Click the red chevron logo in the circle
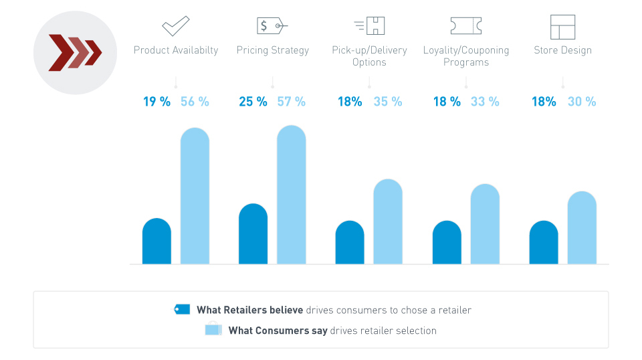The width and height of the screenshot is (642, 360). point(75,53)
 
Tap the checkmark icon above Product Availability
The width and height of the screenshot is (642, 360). point(176,26)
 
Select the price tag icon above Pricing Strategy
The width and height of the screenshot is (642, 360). point(272,26)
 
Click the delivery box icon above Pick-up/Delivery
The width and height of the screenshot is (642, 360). point(370,26)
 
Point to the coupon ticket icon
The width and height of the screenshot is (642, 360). point(465,26)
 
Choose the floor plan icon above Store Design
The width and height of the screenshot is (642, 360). point(562,27)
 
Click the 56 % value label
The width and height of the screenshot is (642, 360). point(195,102)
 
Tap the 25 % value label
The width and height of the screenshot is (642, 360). point(253,102)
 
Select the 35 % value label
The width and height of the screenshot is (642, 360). point(388,102)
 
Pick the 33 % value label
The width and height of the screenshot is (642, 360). point(485,102)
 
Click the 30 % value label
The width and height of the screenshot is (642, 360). point(582,102)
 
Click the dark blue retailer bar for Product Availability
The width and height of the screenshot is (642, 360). point(156,242)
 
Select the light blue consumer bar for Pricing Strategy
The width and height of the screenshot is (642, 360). point(292,195)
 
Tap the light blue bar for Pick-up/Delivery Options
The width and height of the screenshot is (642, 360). point(388,221)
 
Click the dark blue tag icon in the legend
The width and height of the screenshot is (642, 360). point(182,309)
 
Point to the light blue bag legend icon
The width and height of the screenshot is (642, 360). point(213,329)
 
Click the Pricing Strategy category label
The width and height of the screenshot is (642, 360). point(273,50)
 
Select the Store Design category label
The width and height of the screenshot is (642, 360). point(562,50)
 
